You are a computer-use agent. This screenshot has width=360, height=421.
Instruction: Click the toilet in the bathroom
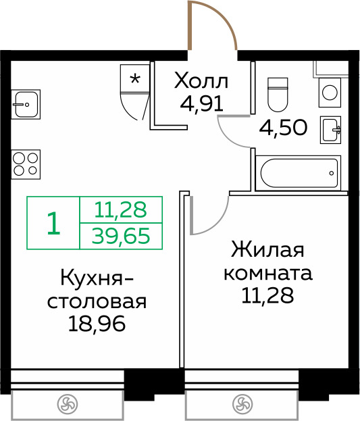click(x=278, y=95)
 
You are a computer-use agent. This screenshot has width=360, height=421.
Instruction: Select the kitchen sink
click(x=26, y=104)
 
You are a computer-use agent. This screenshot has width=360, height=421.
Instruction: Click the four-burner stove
click(x=24, y=164)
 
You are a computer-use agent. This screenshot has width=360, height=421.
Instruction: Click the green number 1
click(x=53, y=223)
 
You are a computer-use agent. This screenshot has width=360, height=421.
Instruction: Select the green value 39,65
click(x=122, y=235)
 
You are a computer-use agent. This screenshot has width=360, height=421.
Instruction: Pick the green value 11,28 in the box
click(x=121, y=210)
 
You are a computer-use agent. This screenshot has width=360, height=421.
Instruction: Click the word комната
click(x=267, y=274)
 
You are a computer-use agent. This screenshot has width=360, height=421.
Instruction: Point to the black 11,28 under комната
click(x=267, y=297)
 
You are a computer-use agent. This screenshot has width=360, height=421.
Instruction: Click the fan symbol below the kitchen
click(x=66, y=405)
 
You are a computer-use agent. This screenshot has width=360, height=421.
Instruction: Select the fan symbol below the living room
click(x=241, y=405)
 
